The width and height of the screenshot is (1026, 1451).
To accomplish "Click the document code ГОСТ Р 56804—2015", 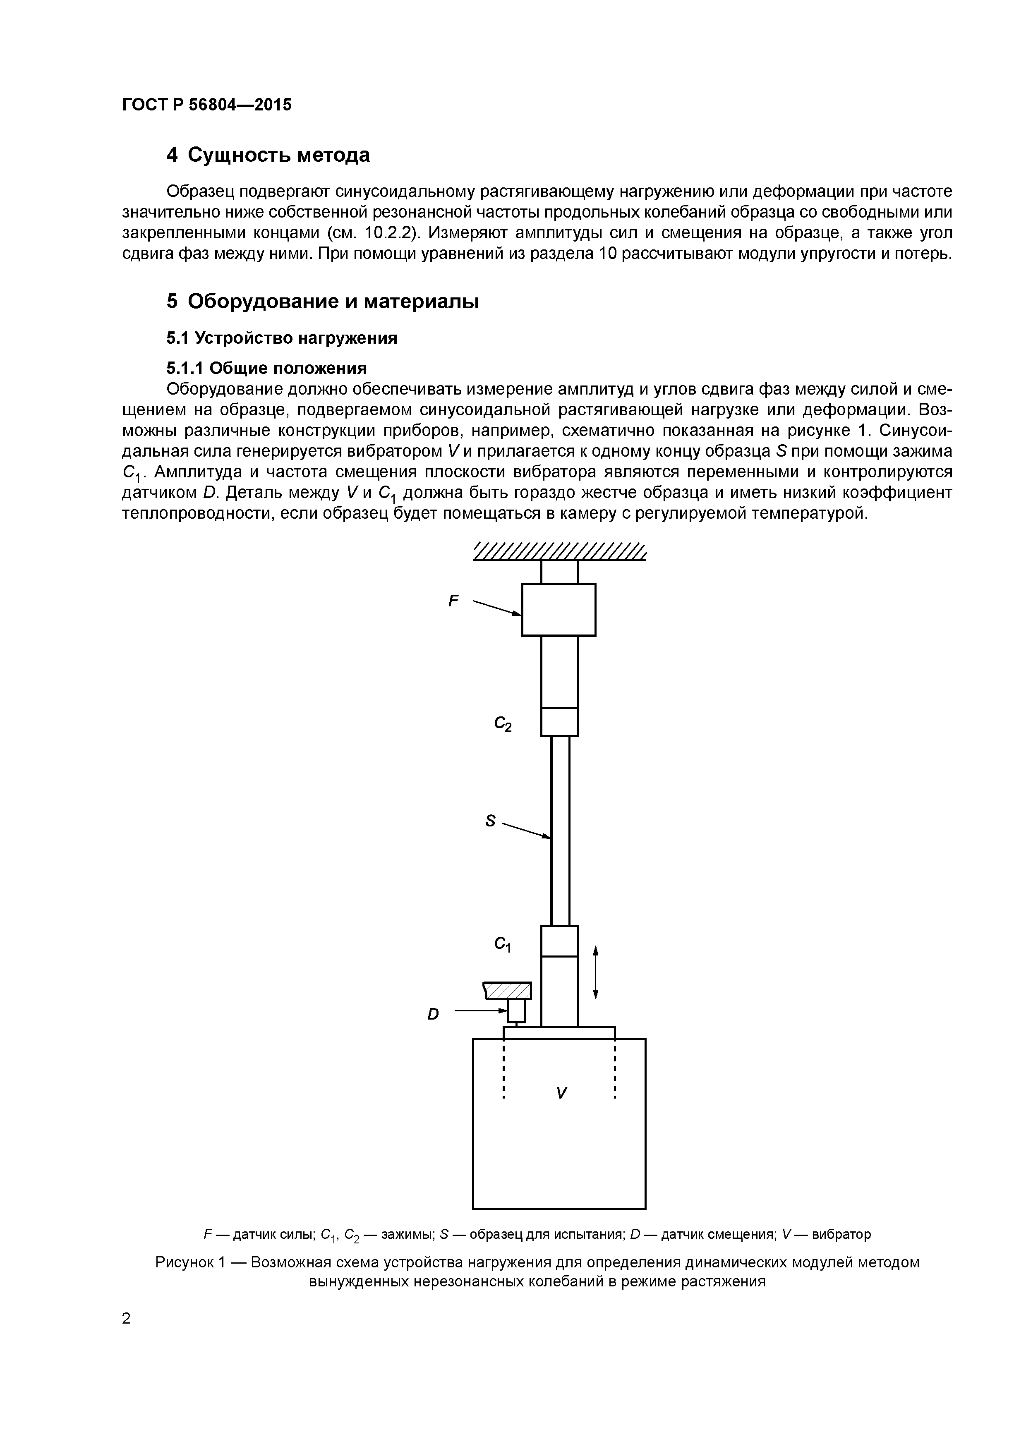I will [x=207, y=105].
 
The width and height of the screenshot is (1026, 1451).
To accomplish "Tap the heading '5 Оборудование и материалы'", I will [x=322, y=302].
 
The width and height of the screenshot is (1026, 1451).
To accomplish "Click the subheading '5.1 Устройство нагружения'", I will [x=282, y=338].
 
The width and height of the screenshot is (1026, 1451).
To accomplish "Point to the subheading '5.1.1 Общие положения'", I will [x=266, y=368].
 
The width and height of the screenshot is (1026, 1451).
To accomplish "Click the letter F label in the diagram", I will [x=453, y=601].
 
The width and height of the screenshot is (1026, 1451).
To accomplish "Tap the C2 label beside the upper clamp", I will [x=503, y=723].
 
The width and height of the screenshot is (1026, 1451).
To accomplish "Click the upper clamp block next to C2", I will [x=559, y=722].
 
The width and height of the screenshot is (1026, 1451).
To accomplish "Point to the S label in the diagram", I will [x=490, y=821].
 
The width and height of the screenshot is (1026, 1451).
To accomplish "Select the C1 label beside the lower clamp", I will [x=503, y=945].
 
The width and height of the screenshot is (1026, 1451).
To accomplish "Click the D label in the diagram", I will [x=433, y=1014].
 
